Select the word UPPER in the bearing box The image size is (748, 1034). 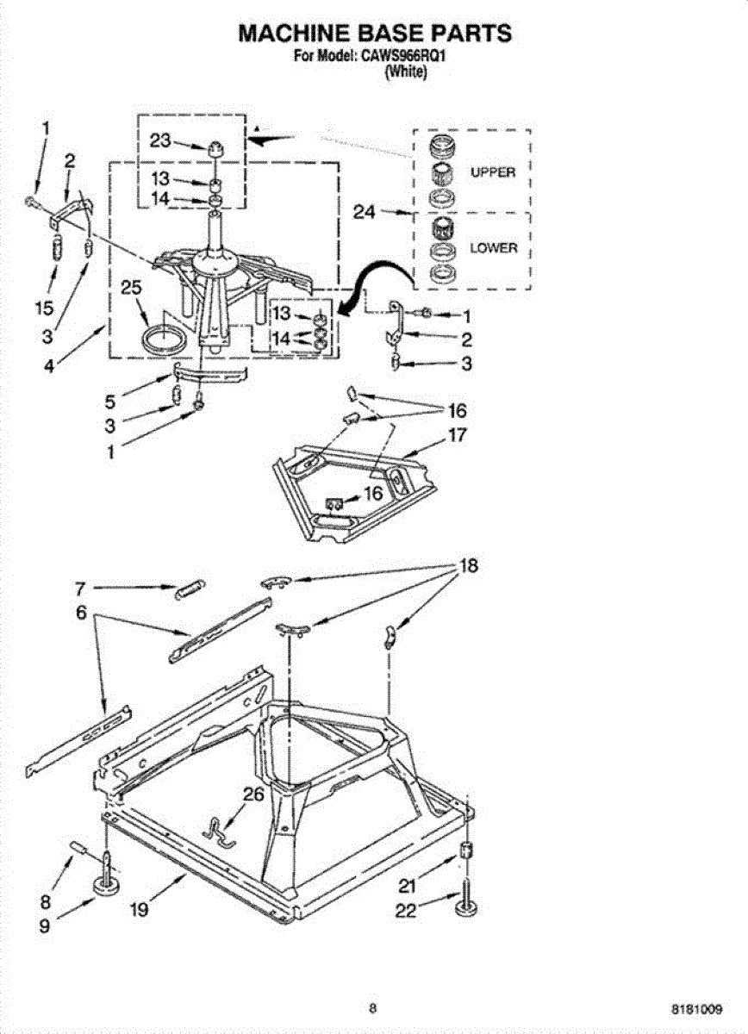(x=492, y=172)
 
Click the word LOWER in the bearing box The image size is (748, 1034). (x=493, y=248)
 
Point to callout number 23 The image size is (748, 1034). (x=160, y=143)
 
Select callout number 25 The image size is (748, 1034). (x=131, y=290)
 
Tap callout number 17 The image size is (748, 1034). (x=457, y=435)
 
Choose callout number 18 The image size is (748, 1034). (x=468, y=566)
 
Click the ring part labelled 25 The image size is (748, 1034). (x=163, y=338)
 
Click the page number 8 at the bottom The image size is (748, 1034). (x=372, y=1006)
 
